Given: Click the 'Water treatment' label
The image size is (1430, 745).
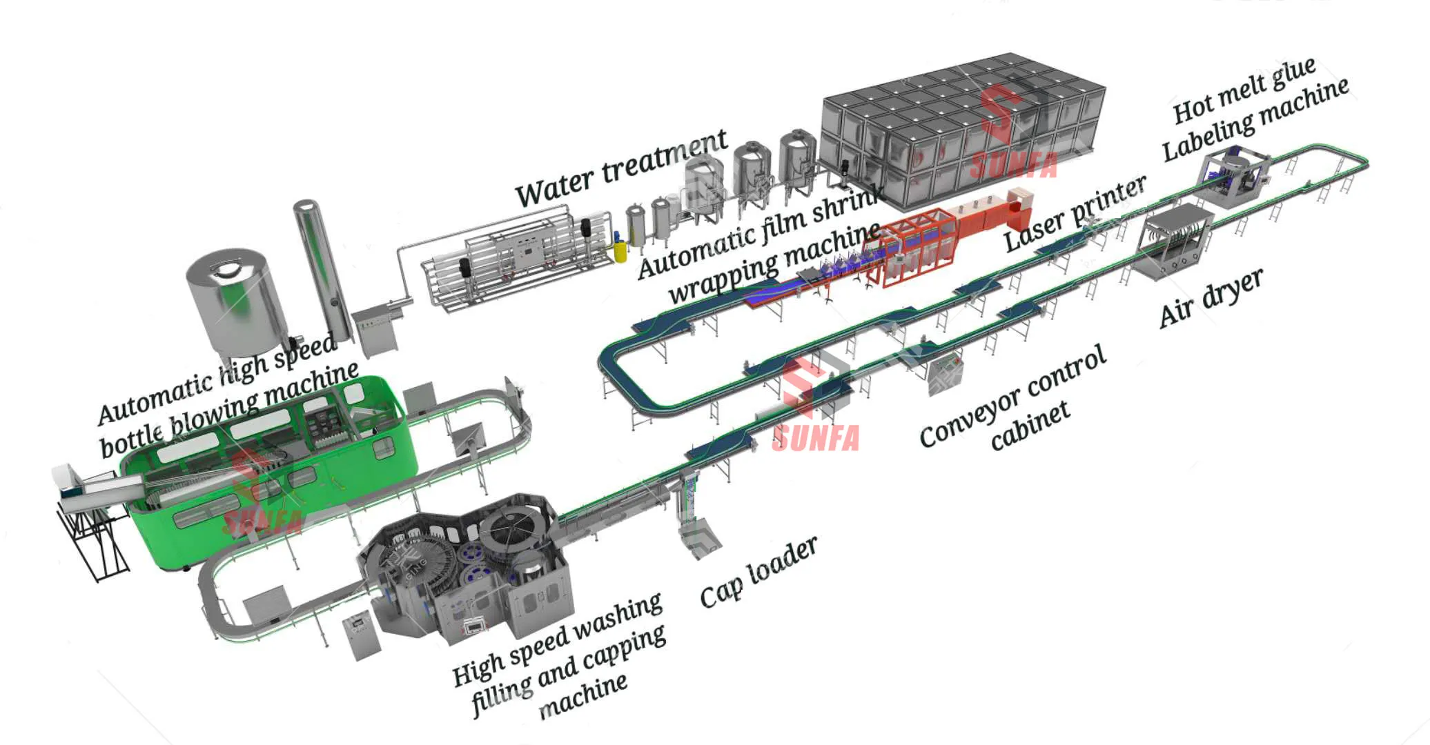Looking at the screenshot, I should coord(621,168).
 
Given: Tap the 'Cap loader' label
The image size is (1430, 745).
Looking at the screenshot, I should coord(758,573).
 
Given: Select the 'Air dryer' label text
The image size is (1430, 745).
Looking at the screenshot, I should coord(1211,297).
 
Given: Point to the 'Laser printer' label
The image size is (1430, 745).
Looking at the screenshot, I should coord(1075,213).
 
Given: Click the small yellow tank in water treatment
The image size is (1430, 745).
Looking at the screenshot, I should coord(620,250).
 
